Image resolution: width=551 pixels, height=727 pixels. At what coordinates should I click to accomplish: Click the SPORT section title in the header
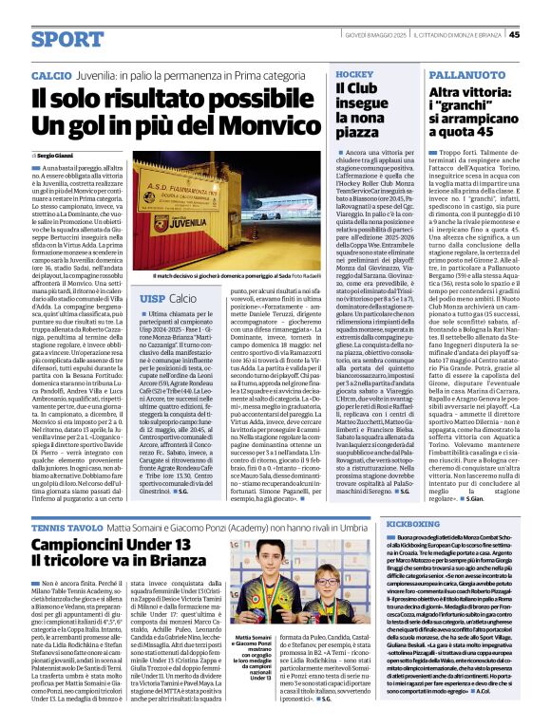point(66,39)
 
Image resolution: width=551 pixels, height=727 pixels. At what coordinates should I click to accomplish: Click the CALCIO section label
point(50,74)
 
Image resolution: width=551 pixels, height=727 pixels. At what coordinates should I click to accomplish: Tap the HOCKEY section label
point(354,73)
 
